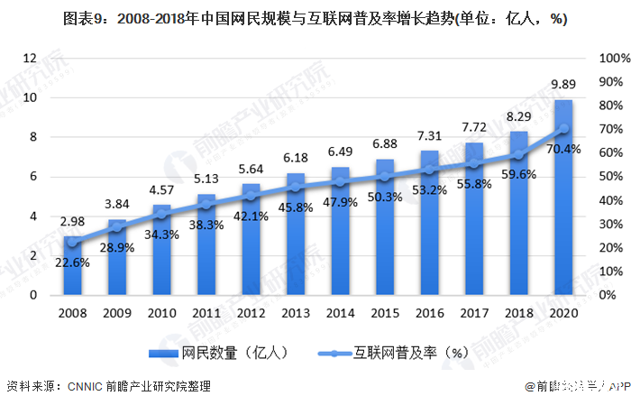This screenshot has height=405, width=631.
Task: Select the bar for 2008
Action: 72,265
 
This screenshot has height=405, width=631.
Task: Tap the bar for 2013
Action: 295,234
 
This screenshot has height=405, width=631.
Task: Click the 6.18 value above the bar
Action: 295,158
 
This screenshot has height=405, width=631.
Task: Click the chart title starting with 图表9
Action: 315,19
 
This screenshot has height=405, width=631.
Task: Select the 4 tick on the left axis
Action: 32,216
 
